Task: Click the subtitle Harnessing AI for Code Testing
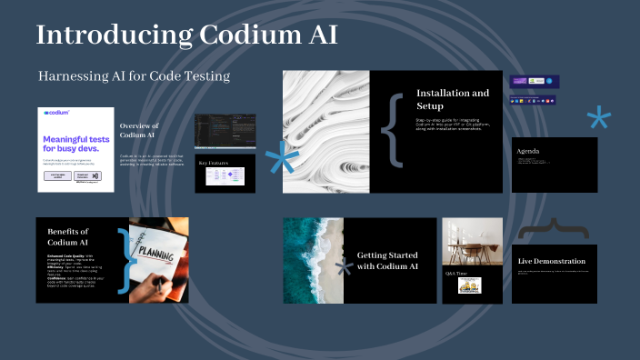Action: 134,75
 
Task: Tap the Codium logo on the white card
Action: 57,114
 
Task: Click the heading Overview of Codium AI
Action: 139,130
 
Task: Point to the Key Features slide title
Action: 215,163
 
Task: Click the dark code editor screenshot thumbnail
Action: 225,132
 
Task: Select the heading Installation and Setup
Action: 452,98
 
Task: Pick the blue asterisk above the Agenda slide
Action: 598,119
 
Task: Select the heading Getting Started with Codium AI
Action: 387,261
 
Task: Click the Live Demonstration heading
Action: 551,262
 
